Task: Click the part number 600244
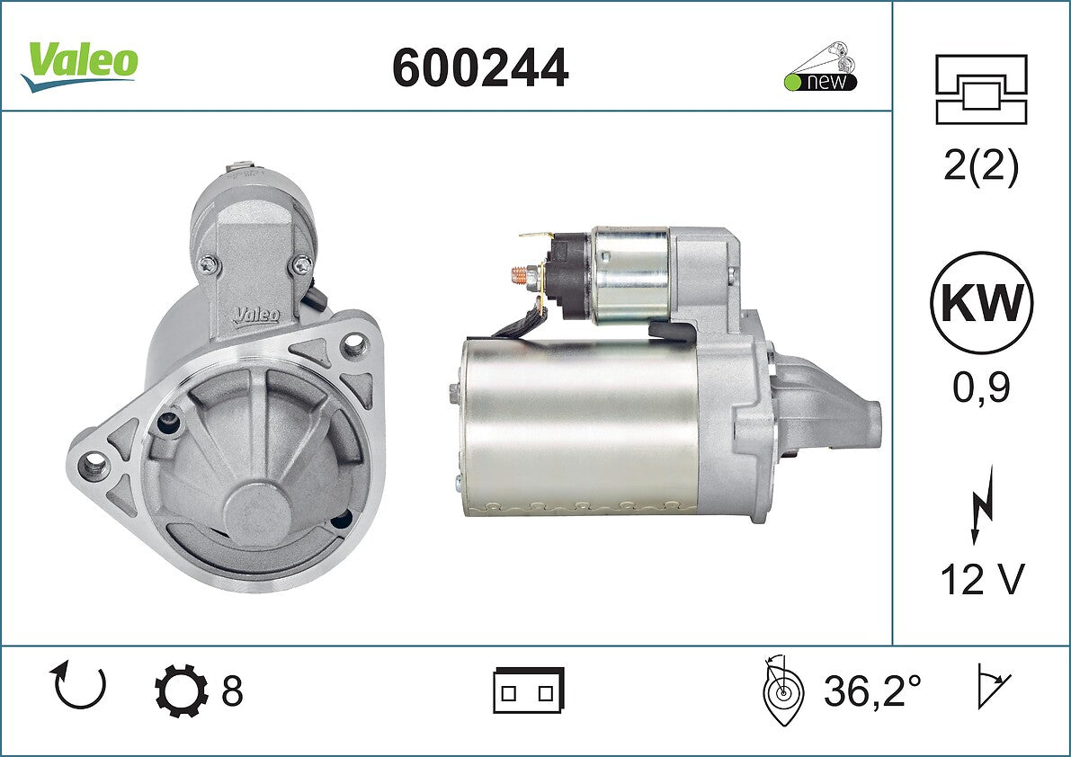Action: (x=480, y=68)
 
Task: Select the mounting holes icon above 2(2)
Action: (x=981, y=89)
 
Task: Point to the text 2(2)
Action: (x=981, y=165)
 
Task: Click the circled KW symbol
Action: (x=981, y=302)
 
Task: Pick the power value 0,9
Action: (x=981, y=387)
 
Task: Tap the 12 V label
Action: (x=982, y=580)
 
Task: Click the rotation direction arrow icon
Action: (x=77, y=685)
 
